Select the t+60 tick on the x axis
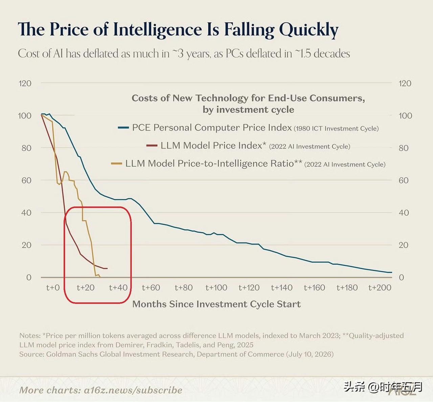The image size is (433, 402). click(151, 288)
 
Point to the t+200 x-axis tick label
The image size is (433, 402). click(380, 288)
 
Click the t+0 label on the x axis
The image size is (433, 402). click(53, 288)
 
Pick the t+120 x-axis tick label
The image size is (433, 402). click(249, 288)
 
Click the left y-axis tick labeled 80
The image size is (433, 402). click(26, 148)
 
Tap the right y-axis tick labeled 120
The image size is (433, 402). click(405, 83)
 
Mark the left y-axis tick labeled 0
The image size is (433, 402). click(29, 277)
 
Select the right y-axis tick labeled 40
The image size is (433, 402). click(404, 213)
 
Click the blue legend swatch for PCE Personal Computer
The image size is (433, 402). click(123, 127)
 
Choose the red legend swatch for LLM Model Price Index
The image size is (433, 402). click(152, 145)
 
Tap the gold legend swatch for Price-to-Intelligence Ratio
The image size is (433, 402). click(116, 164)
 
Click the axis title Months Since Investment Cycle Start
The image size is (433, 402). click(216, 304)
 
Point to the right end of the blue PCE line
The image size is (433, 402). click(392, 272)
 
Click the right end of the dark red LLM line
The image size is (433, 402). click(107, 268)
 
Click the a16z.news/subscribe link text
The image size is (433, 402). click(133, 390)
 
